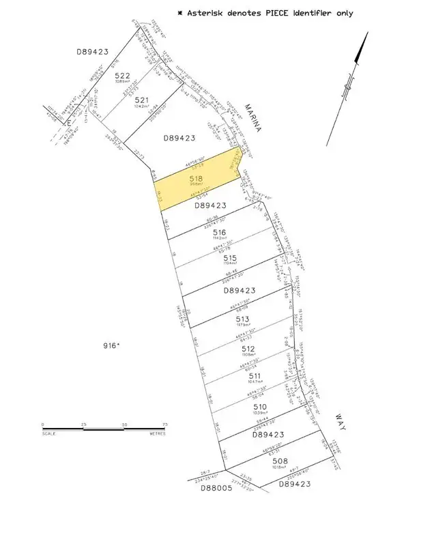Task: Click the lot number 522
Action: click(x=122, y=76)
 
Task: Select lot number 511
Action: click(x=255, y=375)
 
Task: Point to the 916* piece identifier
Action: click(x=109, y=346)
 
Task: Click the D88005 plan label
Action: click(x=215, y=488)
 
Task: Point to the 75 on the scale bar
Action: click(x=164, y=425)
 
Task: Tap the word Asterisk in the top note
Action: click(x=207, y=13)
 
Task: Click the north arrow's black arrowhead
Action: click(x=363, y=47)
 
